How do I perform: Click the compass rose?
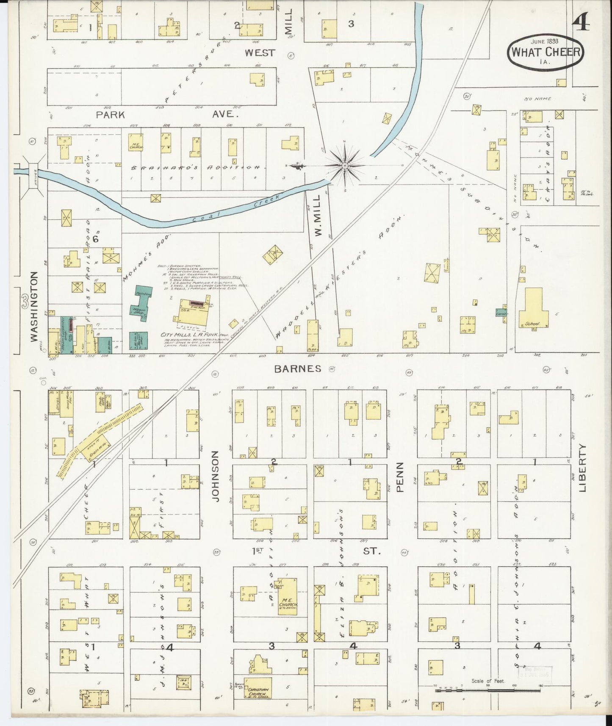tap(345, 165)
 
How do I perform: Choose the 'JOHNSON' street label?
tap(216, 476)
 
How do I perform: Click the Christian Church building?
tap(258, 693)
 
